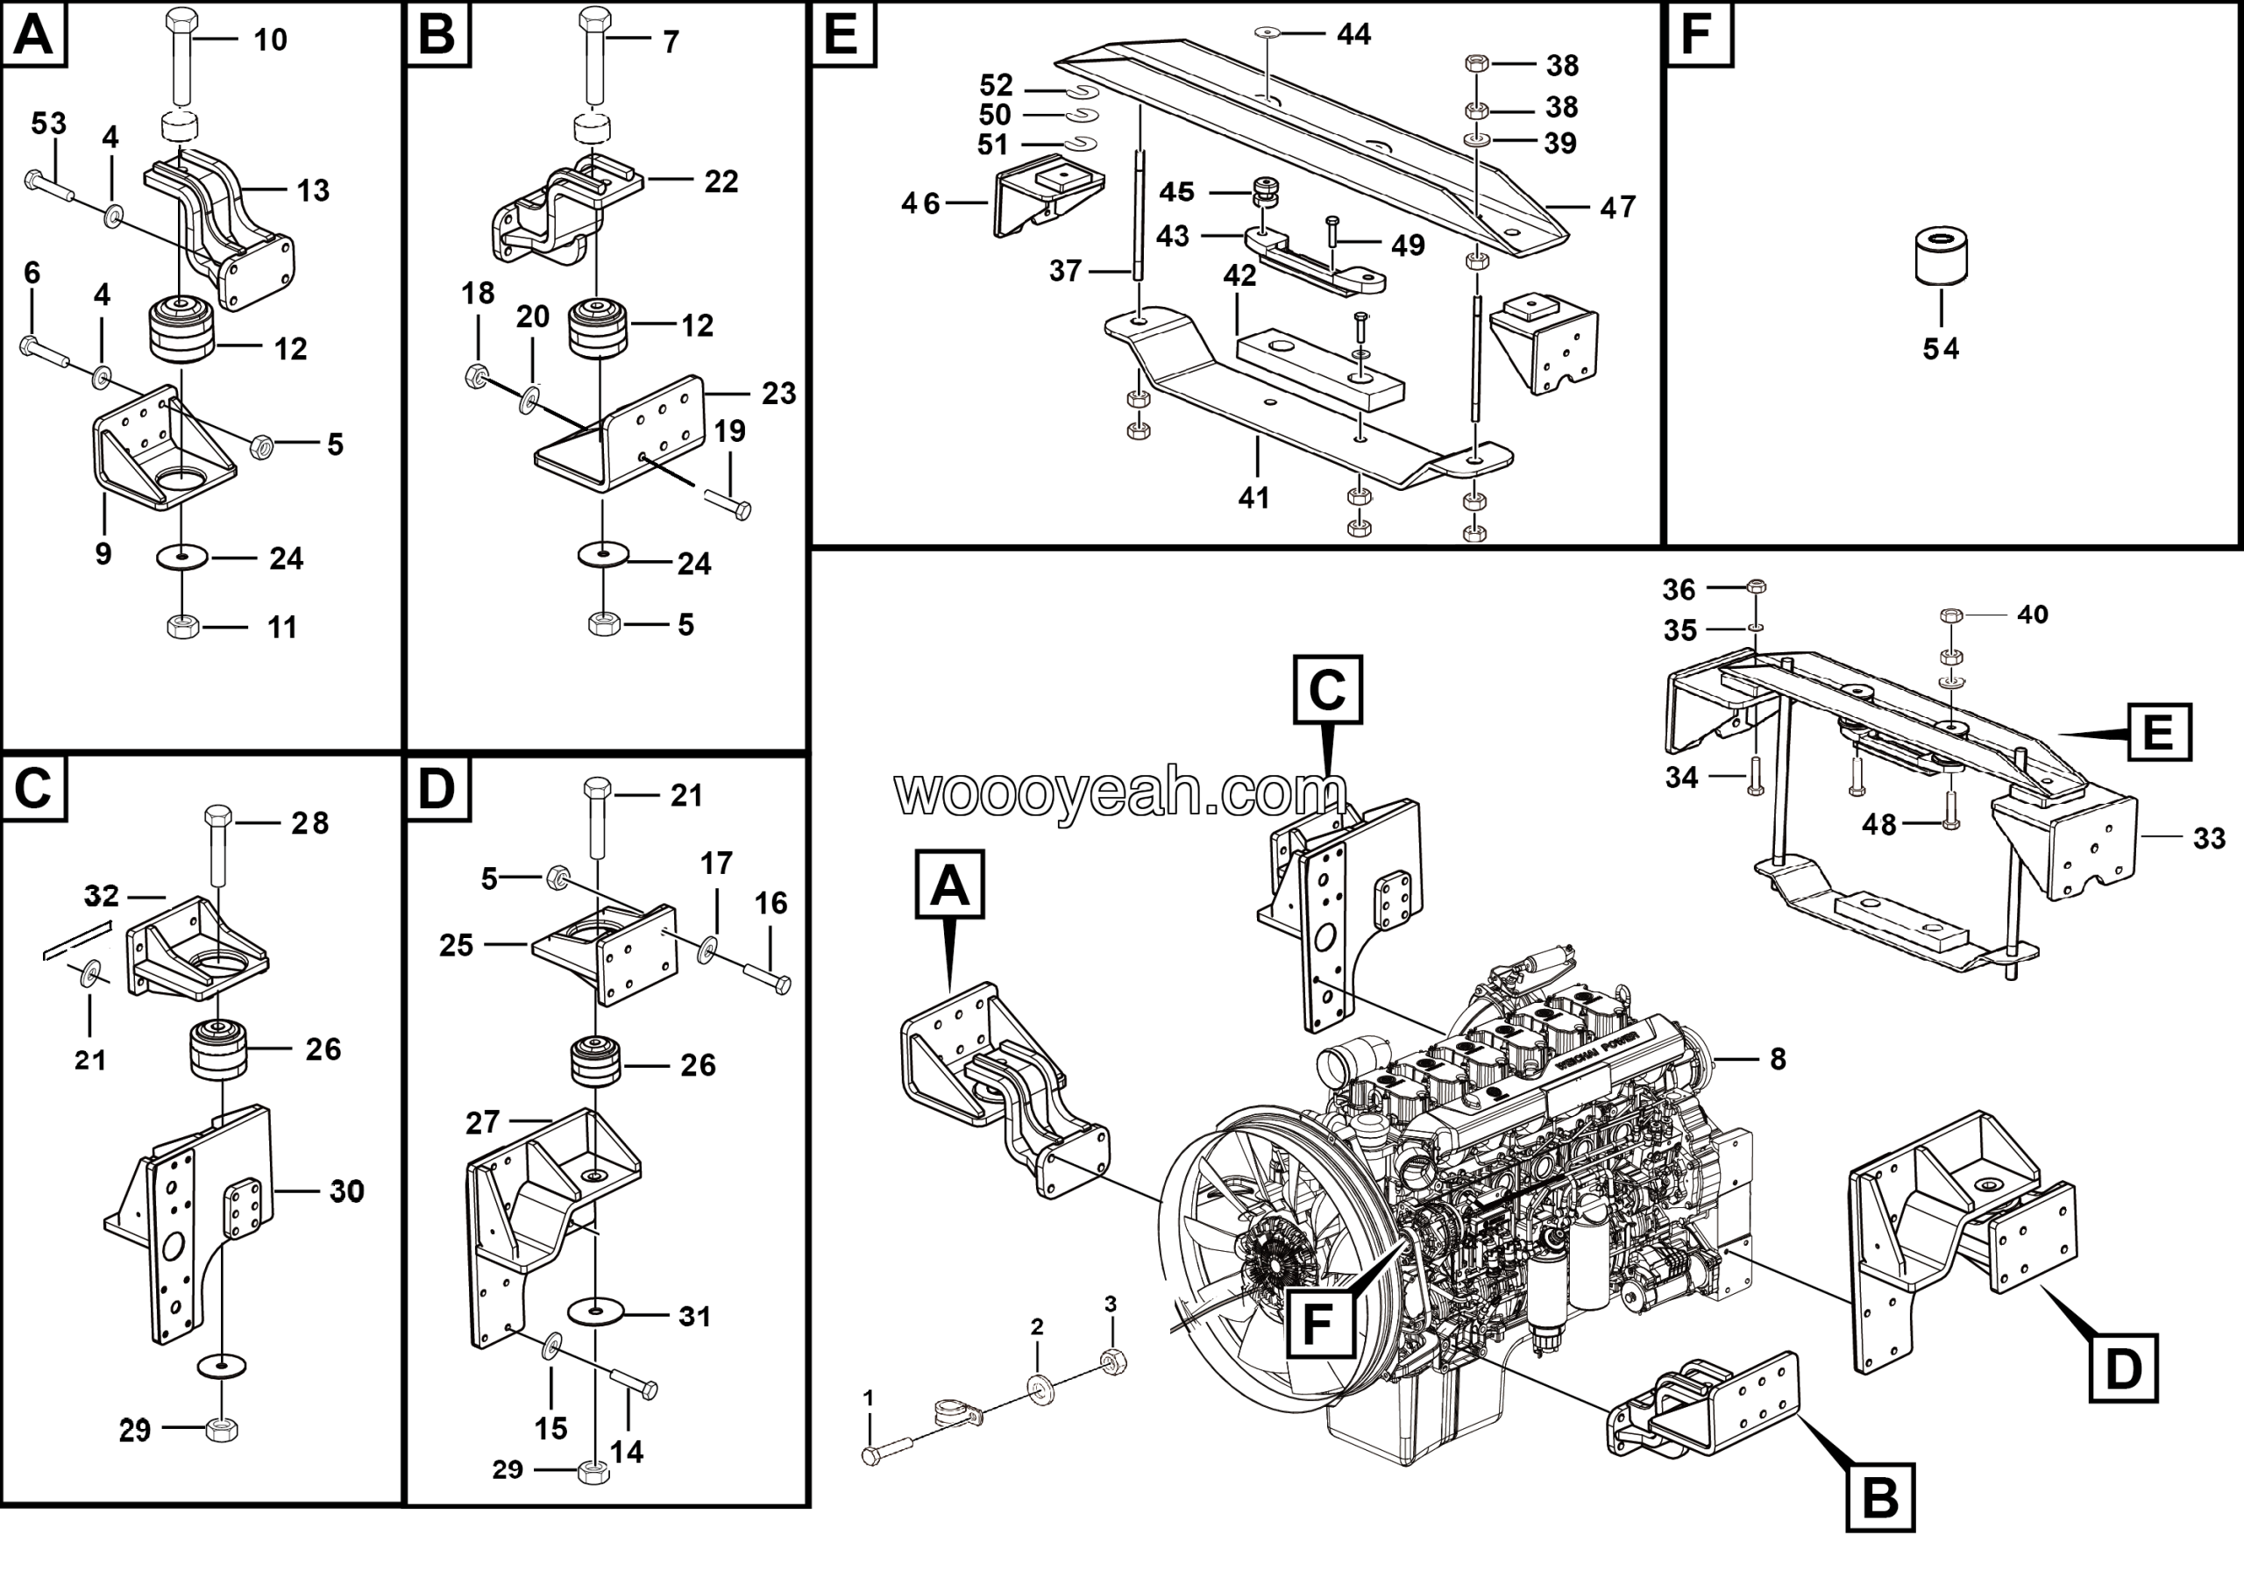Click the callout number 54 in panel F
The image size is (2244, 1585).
(x=1940, y=349)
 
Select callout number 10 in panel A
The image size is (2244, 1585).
(x=270, y=40)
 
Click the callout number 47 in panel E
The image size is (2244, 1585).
(x=1617, y=207)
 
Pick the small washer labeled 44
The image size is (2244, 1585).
(x=1268, y=33)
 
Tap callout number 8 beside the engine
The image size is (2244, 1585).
(x=1778, y=1058)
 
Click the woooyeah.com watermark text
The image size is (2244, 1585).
(x=1120, y=793)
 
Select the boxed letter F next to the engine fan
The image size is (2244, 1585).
(x=1318, y=1324)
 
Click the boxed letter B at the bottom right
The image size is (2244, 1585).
(x=1879, y=1497)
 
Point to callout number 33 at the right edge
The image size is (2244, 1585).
(x=2209, y=837)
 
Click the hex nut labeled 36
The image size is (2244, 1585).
(x=1756, y=587)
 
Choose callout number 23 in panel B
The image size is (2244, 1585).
(x=778, y=393)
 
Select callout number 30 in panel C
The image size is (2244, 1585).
(x=346, y=1191)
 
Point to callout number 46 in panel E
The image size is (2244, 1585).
(x=920, y=203)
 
